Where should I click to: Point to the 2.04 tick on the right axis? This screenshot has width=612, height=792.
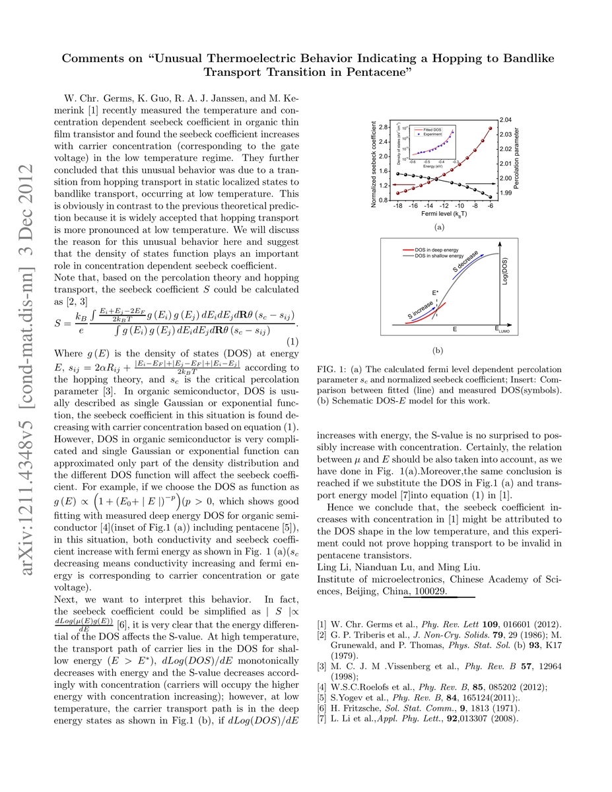[506, 119]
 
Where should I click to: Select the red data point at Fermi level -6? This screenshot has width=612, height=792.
[491, 128]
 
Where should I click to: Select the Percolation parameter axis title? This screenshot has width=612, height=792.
[520, 159]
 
